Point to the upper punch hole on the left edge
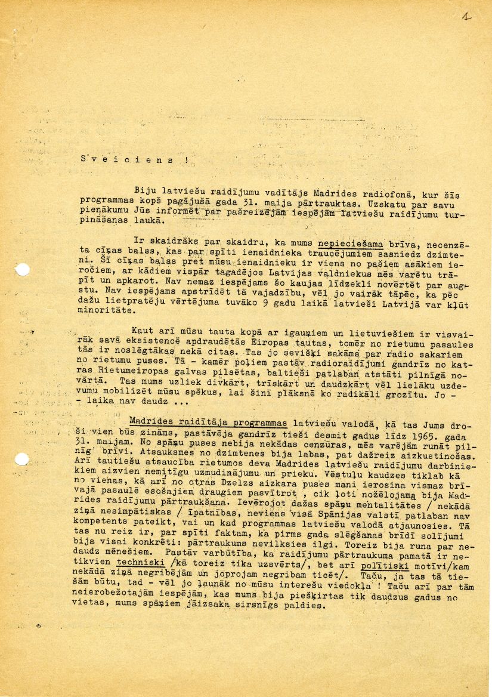pyautogui.click(x=21, y=270)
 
